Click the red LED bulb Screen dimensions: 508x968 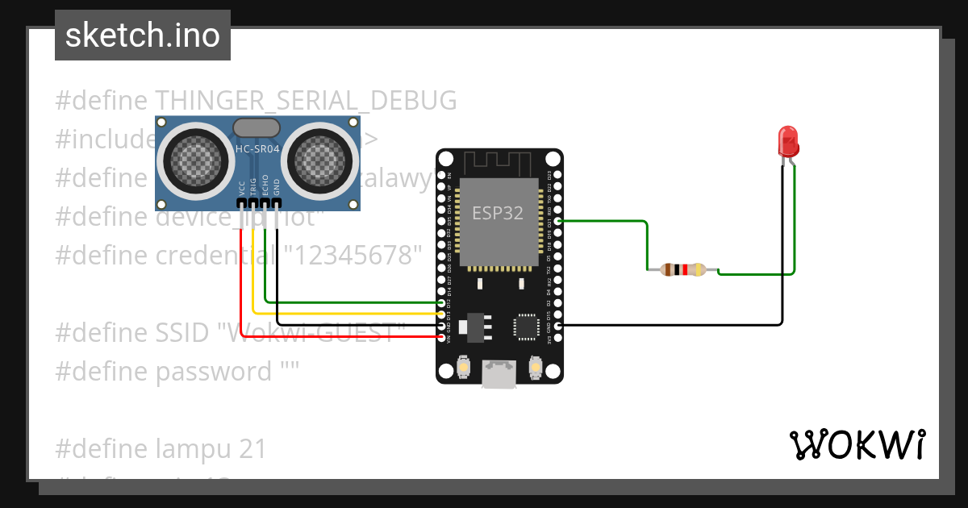click(787, 142)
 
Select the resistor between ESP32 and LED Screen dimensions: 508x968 click(682, 270)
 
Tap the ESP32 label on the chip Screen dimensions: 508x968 click(497, 214)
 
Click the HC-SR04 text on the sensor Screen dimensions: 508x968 click(257, 149)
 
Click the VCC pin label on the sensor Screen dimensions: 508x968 click(242, 188)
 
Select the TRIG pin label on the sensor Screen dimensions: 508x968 click(253, 187)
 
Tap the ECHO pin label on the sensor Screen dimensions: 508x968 click(265, 187)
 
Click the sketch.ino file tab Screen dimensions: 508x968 click(143, 35)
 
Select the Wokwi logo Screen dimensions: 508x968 click(857, 444)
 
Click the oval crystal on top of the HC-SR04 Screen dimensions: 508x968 click(257, 127)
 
